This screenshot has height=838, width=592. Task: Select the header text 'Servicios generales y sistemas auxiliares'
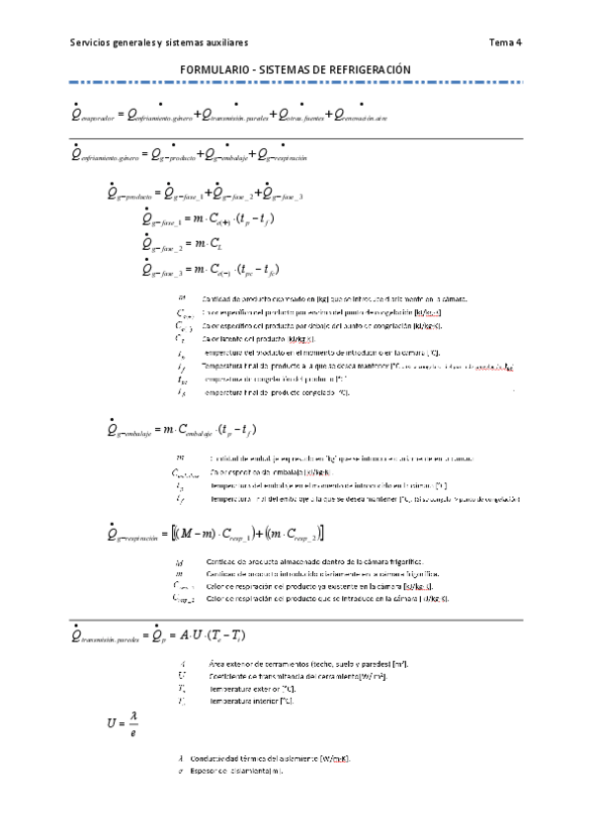(x=159, y=42)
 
